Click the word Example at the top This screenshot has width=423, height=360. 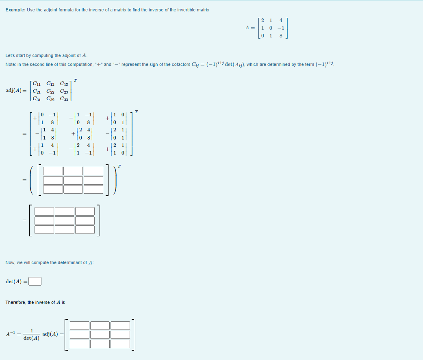point(15,10)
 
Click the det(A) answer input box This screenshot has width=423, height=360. point(35,281)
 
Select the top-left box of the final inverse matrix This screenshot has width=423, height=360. point(80,325)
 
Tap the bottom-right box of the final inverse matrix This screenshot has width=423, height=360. point(120,344)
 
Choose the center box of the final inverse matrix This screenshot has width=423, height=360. point(100,335)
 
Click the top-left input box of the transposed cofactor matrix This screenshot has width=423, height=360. point(53,171)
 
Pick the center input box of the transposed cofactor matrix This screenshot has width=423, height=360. point(73,180)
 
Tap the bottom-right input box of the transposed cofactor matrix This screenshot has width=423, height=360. point(93,189)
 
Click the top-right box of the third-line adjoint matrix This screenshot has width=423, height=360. point(85,211)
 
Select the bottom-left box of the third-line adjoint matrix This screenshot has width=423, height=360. point(44,229)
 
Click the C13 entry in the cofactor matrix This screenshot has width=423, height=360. point(64,84)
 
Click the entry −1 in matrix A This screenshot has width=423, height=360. point(280,28)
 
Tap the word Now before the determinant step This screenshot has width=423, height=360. point(10,262)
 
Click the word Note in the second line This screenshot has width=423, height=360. point(10,64)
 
